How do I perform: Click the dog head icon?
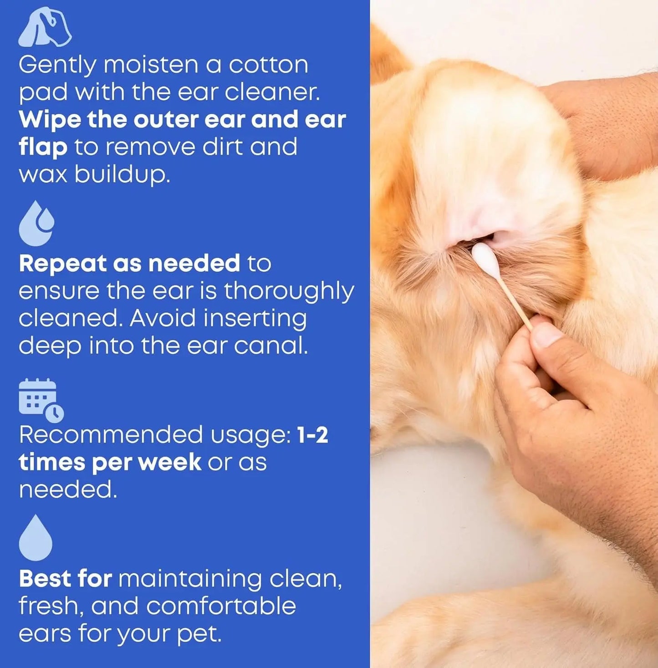[45, 27]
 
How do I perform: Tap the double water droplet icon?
[36, 223]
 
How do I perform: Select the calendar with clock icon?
[41, 399]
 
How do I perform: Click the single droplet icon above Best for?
[36, 538]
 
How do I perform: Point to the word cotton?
[268, 65]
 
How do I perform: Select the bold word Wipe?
[49, 119]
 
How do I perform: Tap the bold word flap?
[43, 147]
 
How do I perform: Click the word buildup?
[122, 174]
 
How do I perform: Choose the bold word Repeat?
[61, 263]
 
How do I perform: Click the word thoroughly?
[289, 291]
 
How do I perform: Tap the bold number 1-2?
[312, 435]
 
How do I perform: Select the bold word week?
[169, 462]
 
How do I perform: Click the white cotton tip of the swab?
[485, 258]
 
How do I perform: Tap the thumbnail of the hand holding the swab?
[547, 336]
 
